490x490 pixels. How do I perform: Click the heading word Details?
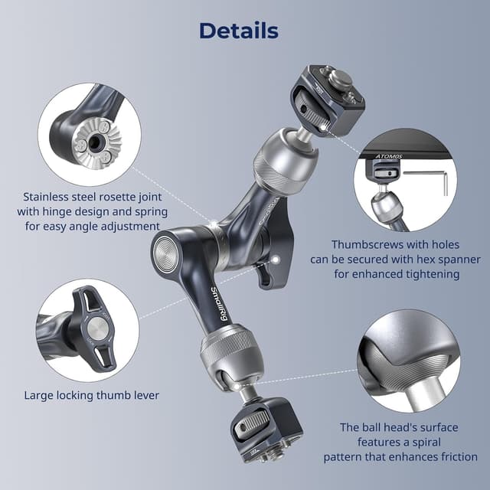239,31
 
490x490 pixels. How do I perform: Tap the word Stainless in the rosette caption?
46,197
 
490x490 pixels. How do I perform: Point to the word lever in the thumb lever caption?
146,395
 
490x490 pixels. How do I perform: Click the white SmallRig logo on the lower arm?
219,303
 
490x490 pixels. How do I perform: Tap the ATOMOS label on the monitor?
389,156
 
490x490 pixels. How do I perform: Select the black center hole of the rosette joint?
94,144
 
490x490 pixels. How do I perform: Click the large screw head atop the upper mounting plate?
341,78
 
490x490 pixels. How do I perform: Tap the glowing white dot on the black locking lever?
276,260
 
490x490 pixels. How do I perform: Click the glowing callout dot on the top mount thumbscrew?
324,127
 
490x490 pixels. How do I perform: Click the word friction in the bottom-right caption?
459,457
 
